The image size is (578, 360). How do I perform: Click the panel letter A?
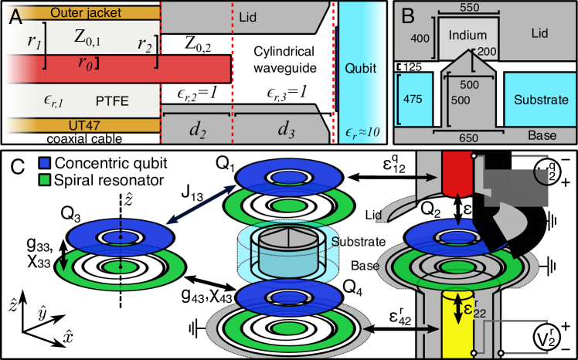click(x=16, y=17)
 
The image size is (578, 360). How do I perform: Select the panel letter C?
click(x=18, y=167)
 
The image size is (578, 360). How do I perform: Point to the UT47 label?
click(x=83, y=125)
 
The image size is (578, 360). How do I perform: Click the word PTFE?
click(x=112, y=101)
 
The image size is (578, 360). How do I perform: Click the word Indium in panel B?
click(x=467, y=35)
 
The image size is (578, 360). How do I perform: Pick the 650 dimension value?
click(x=469, y=138)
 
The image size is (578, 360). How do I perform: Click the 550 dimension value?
click(x=469, y=8)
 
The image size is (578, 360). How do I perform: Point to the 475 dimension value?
click(x=412, y=99)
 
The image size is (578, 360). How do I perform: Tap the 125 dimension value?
click(x=413, y=67)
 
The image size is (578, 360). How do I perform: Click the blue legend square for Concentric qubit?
click(x=44, y=162)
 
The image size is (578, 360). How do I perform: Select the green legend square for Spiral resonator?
click(x=44, y=180)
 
